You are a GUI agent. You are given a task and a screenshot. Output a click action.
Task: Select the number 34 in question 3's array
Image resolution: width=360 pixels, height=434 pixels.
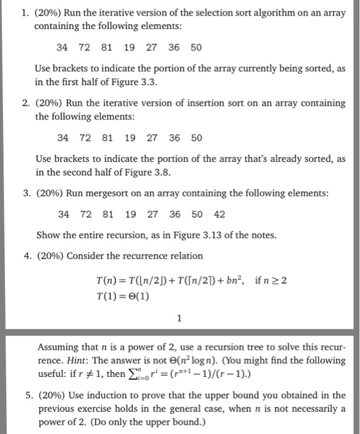click(63, 215)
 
